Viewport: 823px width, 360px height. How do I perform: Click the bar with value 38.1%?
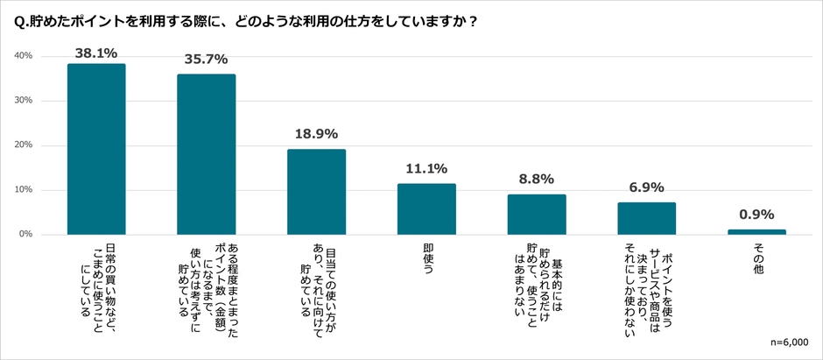[x=96, y=149]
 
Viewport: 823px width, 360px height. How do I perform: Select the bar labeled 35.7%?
[x=206, y=154]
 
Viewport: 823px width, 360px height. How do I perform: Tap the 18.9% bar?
[x=316, y=192]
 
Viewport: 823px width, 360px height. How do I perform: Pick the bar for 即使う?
[x=426, y=209]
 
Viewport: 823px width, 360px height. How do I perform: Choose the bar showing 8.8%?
[x=536, y=215]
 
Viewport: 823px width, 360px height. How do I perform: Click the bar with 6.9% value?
[x=646, y=219]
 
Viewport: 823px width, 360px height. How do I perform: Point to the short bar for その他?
[x=756, y=232]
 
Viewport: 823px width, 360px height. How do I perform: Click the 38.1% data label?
[x=96, y=53]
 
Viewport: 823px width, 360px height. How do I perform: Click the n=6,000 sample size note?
[x=790, y=342]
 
